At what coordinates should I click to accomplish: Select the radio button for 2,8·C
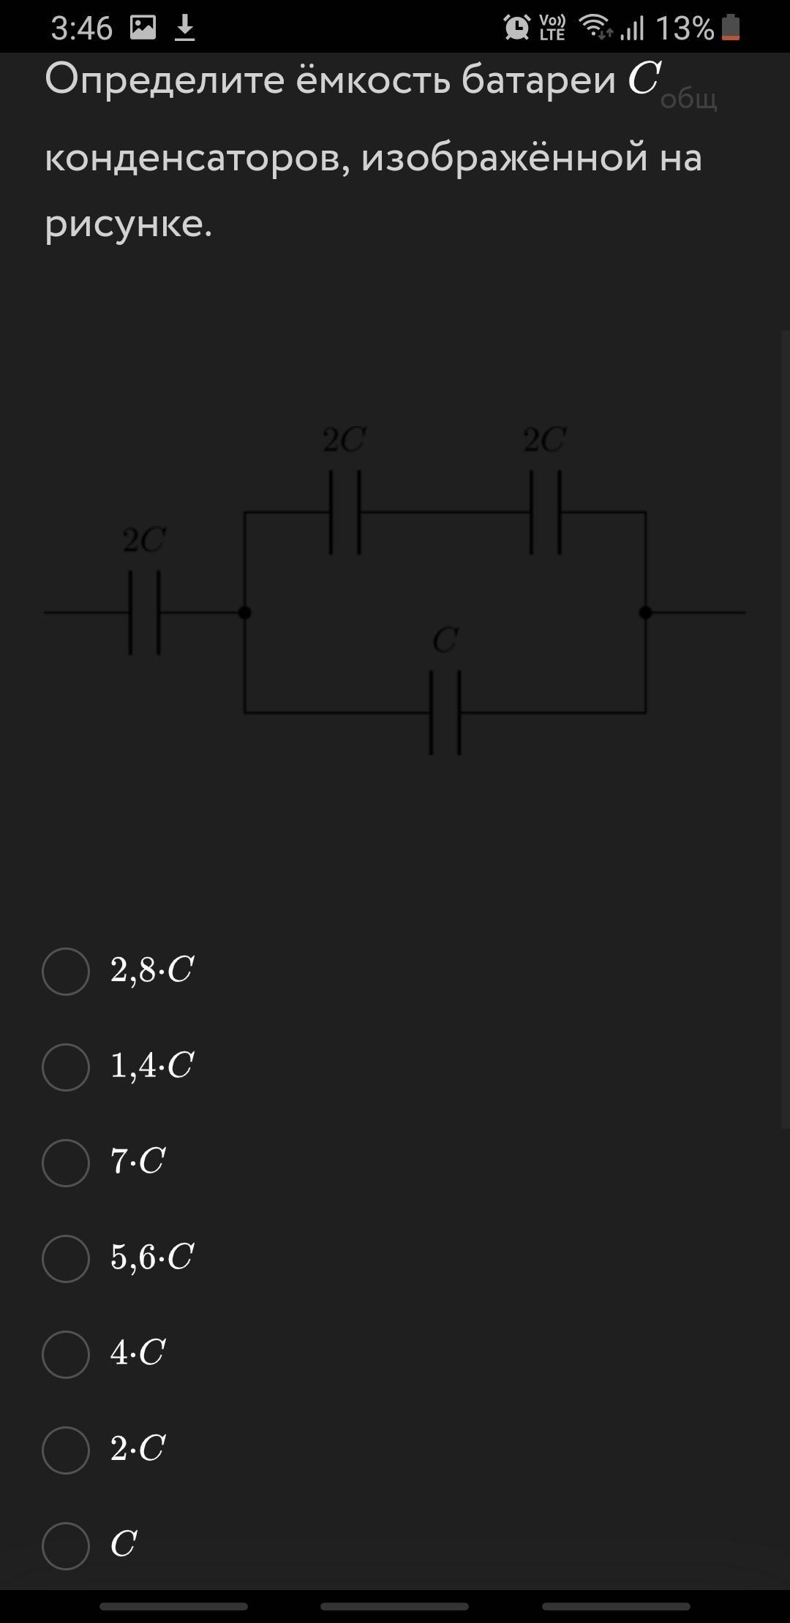point(66,971)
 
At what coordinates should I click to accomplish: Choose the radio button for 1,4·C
point(66,1067)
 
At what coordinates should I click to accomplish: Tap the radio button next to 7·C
point(66,1162)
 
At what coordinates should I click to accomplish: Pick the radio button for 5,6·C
point(66,1258)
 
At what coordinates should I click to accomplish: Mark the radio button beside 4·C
point(66,1354)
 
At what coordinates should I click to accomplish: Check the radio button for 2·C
point(66,1450)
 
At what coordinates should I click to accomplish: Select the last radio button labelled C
point(66,1546)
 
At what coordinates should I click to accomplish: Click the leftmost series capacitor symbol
point(145,613)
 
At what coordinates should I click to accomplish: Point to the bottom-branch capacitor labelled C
point(445,712)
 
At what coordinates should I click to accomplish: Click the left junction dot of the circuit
point(245,613)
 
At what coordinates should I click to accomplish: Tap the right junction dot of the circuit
point(645,613)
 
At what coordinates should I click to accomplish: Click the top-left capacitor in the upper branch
point(345,512)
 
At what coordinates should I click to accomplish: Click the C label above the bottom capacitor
point(445,641)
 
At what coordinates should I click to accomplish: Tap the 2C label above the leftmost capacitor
point(144,541)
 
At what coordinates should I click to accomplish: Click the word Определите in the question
point(165,80)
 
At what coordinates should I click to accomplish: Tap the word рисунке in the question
point(124,224)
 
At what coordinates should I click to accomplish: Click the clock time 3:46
point(82,29)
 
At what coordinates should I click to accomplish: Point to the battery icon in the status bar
point(731,29)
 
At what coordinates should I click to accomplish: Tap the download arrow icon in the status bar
point(185,29)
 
